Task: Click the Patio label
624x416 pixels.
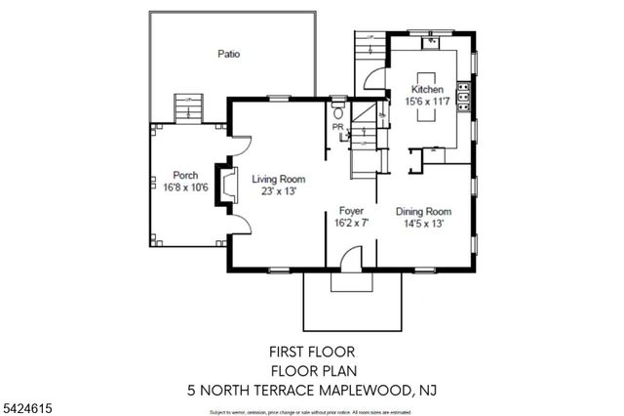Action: tap(228, 55)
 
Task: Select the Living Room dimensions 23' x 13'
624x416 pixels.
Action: tap(278, 192)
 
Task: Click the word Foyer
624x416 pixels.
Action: tap(351, 211)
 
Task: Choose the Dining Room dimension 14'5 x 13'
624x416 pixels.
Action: tap(423, 224)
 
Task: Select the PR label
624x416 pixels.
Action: tap(337, 128)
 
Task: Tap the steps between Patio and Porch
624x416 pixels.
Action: tap(186, 106)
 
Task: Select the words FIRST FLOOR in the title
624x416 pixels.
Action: tap(311, 351)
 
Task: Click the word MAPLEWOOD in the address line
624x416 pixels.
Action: tap(365, 390)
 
